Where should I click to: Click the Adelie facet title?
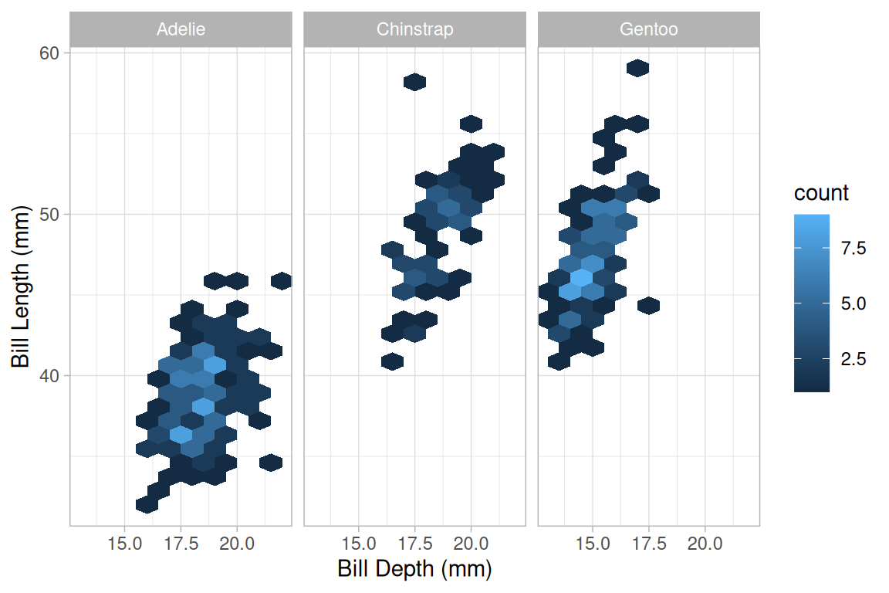pos(181,30)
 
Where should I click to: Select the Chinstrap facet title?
pos(414,30)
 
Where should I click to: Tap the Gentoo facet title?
pos(648,30)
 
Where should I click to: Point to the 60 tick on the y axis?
pos(50,53)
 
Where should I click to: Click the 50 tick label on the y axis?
pos(50,214)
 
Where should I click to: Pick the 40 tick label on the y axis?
pos(50,376)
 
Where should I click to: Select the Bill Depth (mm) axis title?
pos(414,570)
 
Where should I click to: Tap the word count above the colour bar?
pos(821,192)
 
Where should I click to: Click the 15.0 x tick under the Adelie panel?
pos(125,543)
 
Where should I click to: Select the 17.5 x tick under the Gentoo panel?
pos(649,543)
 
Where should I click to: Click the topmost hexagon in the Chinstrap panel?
pos(415,82)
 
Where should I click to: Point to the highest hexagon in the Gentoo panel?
pos(637,68)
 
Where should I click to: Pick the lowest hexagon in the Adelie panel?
pos(147,504)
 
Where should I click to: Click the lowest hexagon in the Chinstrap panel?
pos(392,361)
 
